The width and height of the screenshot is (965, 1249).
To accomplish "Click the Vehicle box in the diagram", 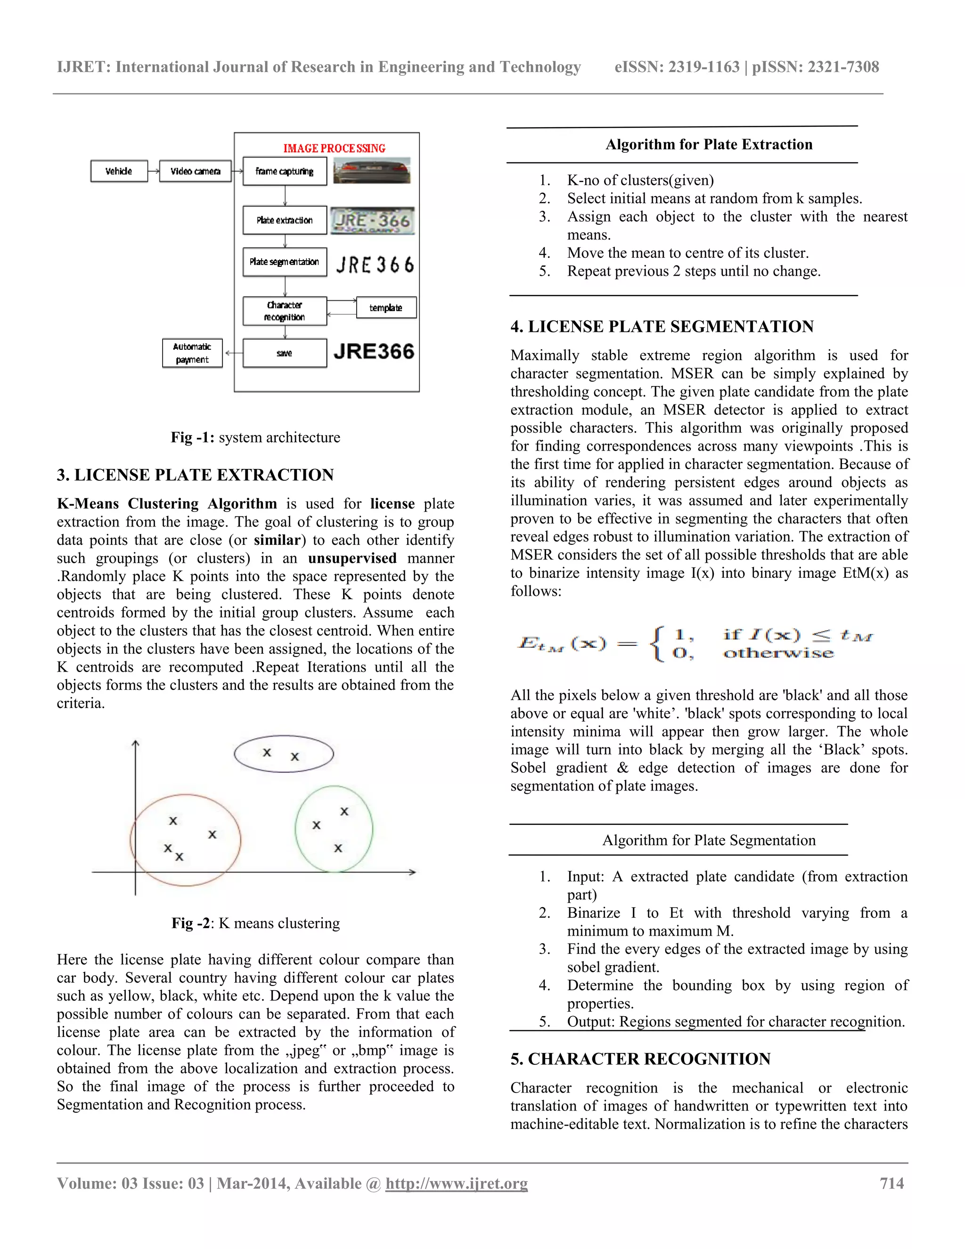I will click(119, 171).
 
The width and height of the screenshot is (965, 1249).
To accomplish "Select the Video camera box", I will click(195, 171).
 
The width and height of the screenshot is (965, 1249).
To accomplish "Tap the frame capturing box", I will click(284, 171).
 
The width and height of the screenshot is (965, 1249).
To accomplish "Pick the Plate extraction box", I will click(284, 220).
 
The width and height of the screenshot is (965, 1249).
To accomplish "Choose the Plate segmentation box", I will click(284, 262).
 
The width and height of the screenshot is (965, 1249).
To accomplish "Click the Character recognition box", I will click(284, 311).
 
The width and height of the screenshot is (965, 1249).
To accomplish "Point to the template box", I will click(385, 308).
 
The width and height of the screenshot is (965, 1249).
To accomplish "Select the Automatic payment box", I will click(192, 353).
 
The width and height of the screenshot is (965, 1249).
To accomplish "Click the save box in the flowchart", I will click(284, 353).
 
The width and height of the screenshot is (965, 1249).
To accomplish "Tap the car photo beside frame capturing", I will click(372, 171).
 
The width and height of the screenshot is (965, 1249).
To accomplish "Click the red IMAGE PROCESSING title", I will click(335, 148).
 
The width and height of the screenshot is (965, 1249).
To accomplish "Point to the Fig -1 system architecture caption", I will click(255, 437).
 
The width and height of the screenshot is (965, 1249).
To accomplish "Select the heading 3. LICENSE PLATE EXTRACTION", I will click(195, 475).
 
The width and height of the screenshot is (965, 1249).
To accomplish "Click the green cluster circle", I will click(334, 829).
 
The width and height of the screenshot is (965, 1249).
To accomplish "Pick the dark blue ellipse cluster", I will click(284, 754).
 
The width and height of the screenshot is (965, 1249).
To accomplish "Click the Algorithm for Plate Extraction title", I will click(709, 144).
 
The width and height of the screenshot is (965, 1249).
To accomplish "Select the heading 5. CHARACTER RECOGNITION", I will click(640, 1059).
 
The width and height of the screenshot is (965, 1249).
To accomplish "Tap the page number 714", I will click(891, 1183).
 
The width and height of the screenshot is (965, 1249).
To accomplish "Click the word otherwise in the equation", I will click(778, 653).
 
